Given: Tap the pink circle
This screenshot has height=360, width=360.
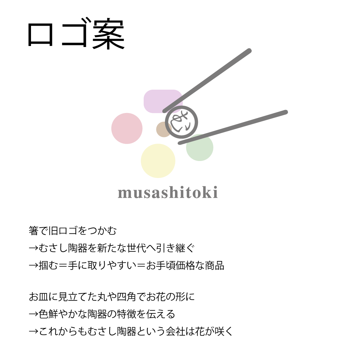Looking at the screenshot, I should (x=127, y=128).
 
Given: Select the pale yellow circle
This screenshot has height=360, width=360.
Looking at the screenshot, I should (x=158, y=161).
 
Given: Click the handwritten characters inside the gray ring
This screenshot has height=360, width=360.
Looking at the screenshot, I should (x=181, y=122).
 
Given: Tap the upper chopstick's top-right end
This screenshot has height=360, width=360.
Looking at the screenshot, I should (x=249, y=51).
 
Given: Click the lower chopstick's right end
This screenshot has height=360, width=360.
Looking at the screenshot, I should (x=285, y=112).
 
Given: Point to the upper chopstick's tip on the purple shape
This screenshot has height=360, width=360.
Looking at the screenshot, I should (x=164, y=111).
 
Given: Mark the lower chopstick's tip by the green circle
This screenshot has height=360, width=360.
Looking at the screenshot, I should (x=180, y=143).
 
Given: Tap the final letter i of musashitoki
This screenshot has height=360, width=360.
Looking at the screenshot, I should (x=215, y=192).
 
